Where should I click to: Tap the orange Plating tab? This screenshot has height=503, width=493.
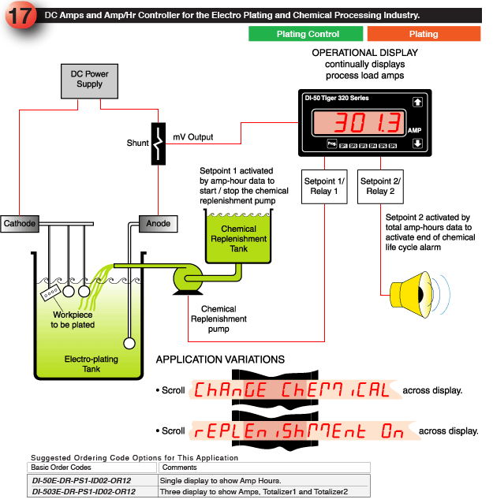(423, 34)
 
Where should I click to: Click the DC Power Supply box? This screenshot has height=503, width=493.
(90, 80)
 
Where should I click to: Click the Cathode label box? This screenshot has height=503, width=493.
(20, 224)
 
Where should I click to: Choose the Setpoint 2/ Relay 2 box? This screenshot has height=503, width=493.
(382, 186)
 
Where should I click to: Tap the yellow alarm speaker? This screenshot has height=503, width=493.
(413, 291)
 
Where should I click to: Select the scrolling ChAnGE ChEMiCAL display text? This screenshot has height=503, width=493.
(291, 390)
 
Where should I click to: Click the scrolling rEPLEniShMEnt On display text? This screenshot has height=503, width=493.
(299, 431)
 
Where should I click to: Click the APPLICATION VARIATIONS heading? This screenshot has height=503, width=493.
(220, 360)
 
